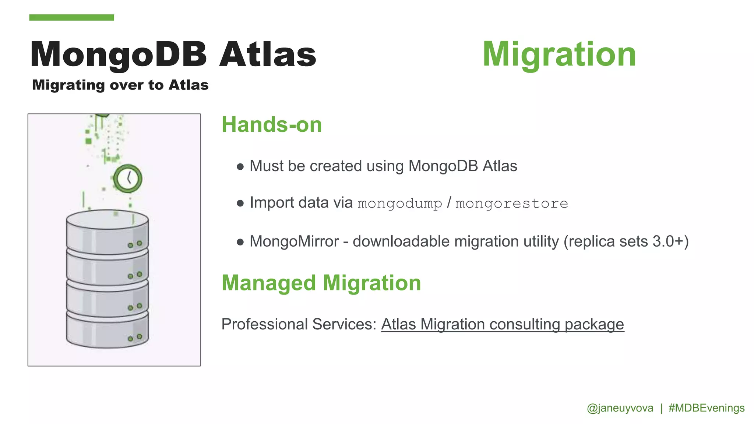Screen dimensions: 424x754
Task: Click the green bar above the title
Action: click(x=71, y=17)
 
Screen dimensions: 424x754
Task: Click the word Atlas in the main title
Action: click(x=268, y=54)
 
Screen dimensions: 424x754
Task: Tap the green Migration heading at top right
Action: click(x=559, y=54)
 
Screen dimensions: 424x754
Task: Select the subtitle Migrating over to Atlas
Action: click(x=120, y=85)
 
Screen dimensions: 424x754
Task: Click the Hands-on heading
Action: click(x=272, y=125)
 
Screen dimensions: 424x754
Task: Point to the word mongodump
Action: click(x=400, y=204)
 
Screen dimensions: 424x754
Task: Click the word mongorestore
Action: click(x=512, y=204)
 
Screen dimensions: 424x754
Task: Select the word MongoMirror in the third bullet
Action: click(x=294, y=242)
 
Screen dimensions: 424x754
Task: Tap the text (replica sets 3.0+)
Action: click(x=626, y=242)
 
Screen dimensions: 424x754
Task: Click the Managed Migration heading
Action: click(x=321, y=283)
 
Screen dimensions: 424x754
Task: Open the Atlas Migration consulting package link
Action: click(x=503, y=325)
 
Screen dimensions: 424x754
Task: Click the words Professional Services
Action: click(x=299, y=325)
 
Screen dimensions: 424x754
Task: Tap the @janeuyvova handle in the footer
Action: click(x=620, y=408)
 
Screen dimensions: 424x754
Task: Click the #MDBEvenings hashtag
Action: click(x=706, y=408)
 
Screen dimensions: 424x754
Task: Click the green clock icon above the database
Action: click(x=128, y=179)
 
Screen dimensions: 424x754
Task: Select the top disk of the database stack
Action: click(x=107, y=232)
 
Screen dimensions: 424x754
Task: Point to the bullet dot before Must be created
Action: click(x=240, y=167)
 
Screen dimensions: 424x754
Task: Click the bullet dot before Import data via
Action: click(x=240, y=203)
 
